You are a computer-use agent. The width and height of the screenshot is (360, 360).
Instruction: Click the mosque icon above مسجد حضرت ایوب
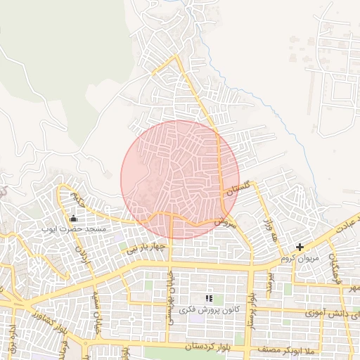click(74, 218)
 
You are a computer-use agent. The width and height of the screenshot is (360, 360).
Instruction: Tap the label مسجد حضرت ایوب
click(73, 229)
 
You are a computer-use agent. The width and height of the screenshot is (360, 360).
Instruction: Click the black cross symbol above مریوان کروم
click(300, 247)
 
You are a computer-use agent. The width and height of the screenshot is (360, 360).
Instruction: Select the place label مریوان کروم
click(300, 258)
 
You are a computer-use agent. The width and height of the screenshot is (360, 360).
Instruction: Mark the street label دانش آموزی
click(330, 310)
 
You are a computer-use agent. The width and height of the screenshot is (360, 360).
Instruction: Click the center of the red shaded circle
click(180, 179)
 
